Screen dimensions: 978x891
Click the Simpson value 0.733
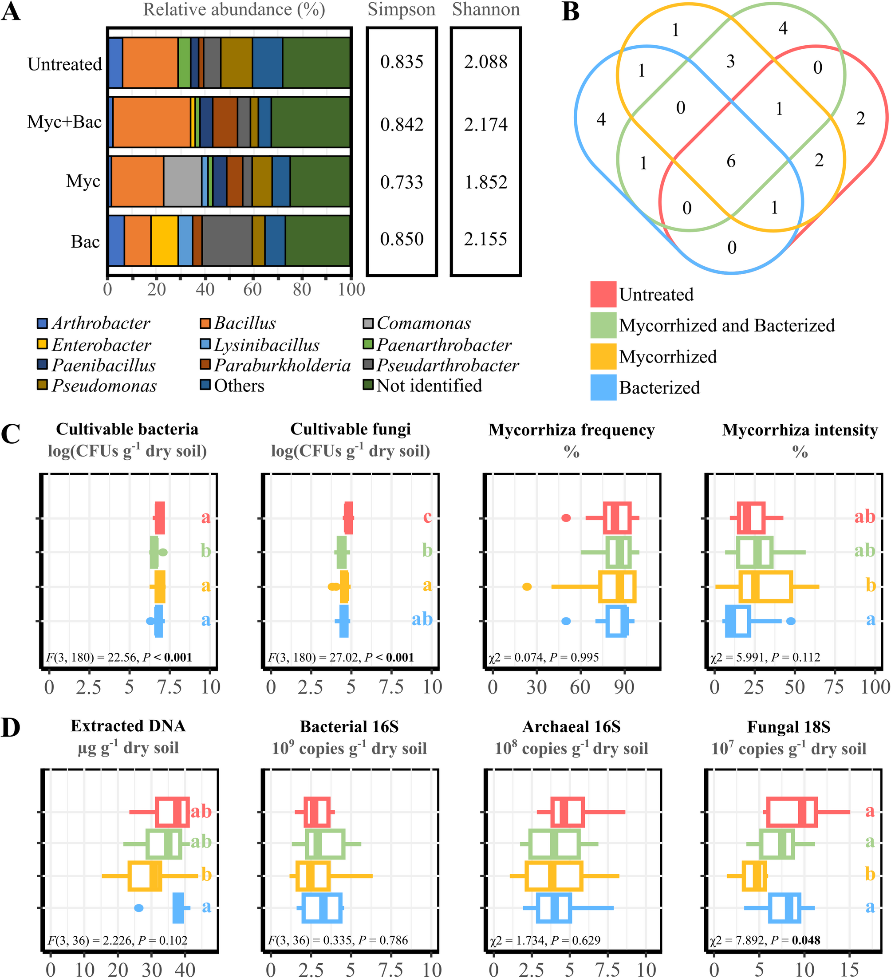point(402,182)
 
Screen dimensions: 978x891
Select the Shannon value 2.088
point(485,62)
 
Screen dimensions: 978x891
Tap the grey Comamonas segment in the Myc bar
point(182,181)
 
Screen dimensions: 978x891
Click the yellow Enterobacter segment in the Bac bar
point(165,241)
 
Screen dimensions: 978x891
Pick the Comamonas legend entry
point(417,323)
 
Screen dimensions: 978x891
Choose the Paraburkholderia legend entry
point(276,365)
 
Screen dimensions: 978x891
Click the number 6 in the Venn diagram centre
point(731,161)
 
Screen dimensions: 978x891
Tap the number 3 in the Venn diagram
point(730,62)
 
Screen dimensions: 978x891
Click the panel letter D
point(11,728)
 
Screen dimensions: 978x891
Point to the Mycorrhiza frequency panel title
point(572,430)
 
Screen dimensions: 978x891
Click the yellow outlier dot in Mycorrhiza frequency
point(527,587)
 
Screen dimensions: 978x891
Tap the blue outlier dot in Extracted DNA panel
point(139,907)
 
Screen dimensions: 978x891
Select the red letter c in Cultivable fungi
point(427,517)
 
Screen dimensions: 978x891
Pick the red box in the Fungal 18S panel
point(792,812)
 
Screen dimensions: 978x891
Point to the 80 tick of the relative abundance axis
point(302,289)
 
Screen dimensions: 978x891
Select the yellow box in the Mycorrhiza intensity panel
point(765,587)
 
